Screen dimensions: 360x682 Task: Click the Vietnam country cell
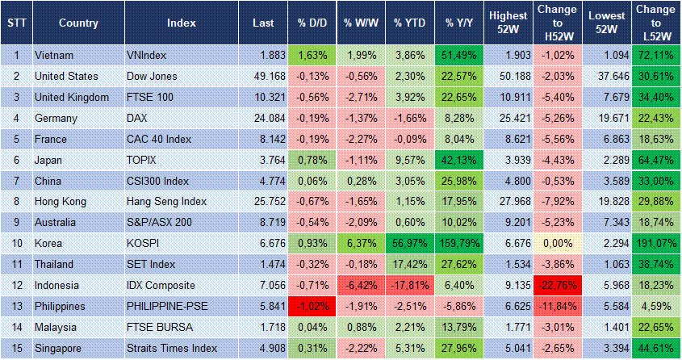[55, 55]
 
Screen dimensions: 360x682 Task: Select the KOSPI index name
[145, 241]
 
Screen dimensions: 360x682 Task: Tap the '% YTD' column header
[409, 22]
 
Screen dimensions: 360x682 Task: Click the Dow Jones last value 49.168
[258, 76]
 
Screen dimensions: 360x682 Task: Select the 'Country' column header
[78, 22]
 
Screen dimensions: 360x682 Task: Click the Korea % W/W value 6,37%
[360, 241]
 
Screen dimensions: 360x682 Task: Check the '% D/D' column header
[311, 22]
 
